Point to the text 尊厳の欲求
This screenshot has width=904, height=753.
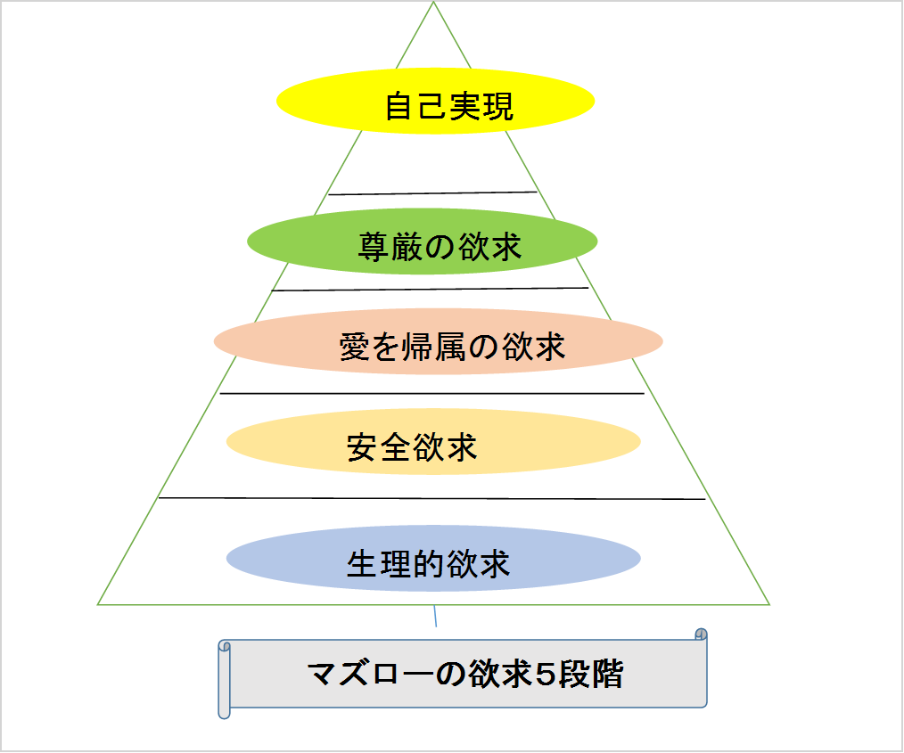tap(440, 246)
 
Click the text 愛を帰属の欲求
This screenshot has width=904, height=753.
tap(452, 346)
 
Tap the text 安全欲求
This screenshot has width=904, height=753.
tap(412, 446)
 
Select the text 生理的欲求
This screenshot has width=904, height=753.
tap(428, 564)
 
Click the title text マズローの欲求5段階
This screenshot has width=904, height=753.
tap(464, 674)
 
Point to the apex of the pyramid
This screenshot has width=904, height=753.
tap(434, 4)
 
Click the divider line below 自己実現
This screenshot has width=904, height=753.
tap(433, 192)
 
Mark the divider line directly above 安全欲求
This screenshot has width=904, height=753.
tap(431, 393)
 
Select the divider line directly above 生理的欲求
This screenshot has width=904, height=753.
tap(431, 499)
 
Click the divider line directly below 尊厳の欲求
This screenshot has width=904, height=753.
tap(430, 289)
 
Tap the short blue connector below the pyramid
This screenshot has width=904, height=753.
tap(435, 616)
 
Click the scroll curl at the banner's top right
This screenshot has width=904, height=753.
tap(701, 635)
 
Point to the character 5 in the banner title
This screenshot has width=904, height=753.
tap(545, 674)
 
